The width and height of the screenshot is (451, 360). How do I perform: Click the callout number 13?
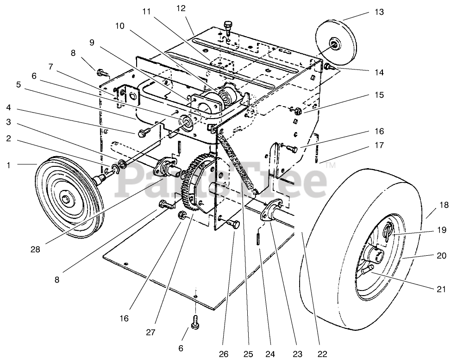click(x=379, y=13)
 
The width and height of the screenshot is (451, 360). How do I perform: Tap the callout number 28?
click(x=35, y=249)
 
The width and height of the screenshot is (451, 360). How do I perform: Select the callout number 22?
click(x=322, y=354)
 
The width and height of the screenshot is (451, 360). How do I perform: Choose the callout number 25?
click(x=249, y=354)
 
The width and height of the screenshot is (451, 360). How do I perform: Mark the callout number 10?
click(x=119, y=26)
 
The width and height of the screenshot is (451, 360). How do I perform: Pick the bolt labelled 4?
click(x=142, y=132)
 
